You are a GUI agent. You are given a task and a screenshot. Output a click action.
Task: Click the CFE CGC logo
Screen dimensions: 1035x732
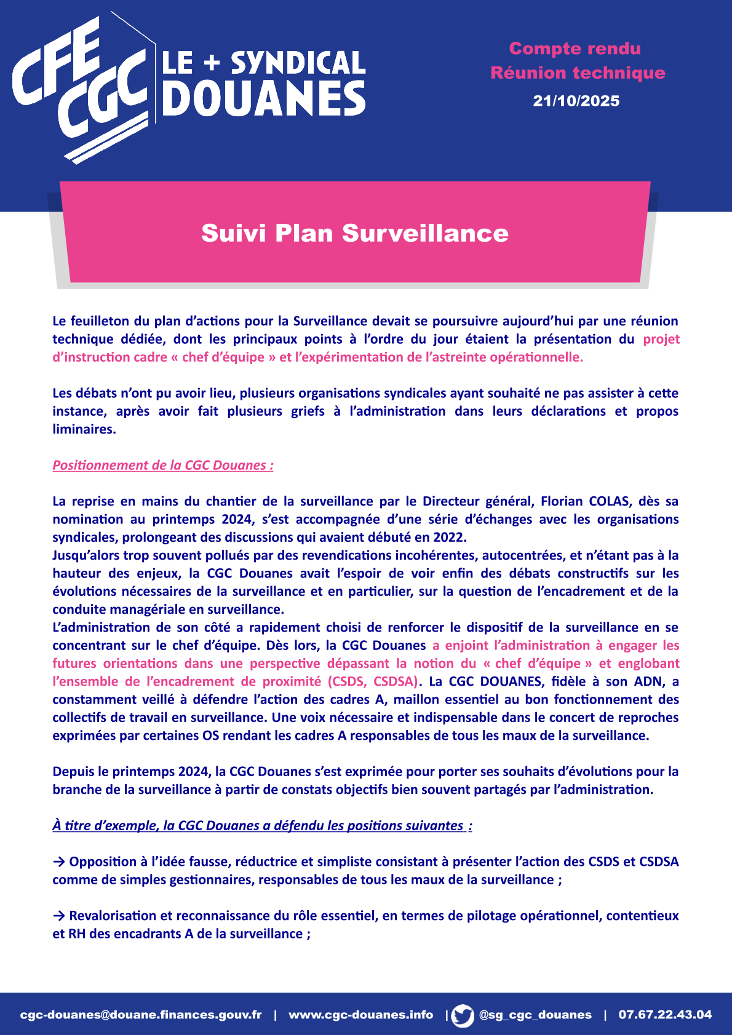80,86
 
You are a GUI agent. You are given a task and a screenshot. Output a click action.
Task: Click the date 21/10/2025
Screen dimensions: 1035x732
576,101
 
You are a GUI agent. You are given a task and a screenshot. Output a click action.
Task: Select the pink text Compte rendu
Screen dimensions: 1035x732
575,49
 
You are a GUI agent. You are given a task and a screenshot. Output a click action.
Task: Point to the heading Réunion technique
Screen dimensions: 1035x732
578,73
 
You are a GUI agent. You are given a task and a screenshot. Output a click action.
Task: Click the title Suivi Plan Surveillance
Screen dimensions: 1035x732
355,233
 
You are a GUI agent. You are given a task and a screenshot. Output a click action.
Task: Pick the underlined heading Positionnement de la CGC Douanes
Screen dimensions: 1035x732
163,465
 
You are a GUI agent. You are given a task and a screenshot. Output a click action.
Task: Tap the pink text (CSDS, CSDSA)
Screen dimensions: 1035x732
373,681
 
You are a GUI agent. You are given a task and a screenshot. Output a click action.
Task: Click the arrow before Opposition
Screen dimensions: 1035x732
59,862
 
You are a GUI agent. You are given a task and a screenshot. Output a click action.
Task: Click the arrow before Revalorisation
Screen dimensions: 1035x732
59,916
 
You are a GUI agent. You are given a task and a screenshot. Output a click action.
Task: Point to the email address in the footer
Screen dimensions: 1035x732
141,1015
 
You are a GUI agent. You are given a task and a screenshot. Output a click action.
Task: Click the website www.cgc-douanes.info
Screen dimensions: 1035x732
361,1015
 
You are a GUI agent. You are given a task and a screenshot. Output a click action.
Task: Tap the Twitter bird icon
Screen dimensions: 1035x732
463,1015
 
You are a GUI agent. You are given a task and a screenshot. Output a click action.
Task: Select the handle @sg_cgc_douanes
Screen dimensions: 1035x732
535,1015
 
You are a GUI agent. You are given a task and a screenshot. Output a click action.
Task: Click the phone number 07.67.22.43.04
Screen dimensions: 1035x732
665,1015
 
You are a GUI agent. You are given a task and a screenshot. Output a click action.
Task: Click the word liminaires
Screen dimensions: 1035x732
84,429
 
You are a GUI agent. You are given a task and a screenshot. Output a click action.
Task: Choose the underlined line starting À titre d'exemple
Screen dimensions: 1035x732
262,825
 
